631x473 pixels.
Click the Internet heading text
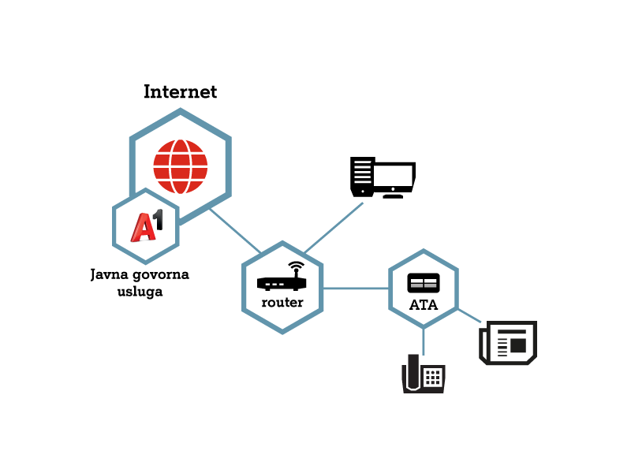(181, 91)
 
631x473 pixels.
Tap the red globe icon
(181, 166)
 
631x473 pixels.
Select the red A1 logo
(147, 225)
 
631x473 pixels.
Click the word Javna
(109, 274)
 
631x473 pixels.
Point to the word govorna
(161, 275)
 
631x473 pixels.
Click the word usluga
(140, 292)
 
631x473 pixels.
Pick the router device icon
(282, 277)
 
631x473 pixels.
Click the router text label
(282, 303)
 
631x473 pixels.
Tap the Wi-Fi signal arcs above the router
(297, 266)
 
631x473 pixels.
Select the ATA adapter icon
(424, 283)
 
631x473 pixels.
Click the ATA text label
(424, 305)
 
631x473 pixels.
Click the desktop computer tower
(363, 177)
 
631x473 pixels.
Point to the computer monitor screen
(394, 177)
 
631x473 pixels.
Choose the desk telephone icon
(424, 374)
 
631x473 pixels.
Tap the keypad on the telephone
(432, 378)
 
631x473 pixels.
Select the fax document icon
(508, 343)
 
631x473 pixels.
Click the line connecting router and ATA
(356, 288)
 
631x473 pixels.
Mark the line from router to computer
(334, 228)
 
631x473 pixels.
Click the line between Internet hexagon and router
(235, 230)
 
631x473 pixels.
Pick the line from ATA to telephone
(424, 341)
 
